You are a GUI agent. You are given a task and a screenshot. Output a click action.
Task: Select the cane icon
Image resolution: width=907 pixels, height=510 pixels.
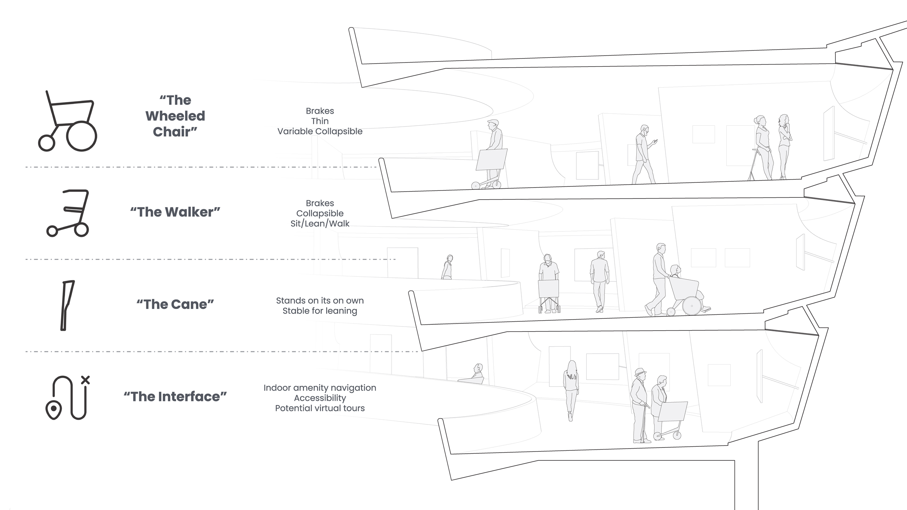click(x=67, y=306)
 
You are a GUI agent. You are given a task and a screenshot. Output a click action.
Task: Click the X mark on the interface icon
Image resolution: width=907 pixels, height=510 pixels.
click(x=85, y=380)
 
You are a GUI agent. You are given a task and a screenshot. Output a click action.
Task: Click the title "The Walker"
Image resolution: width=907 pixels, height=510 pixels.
click(x=175, y=212)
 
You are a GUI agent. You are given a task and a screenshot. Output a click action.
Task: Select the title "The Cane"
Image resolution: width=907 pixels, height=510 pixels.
click(x=175, y=304)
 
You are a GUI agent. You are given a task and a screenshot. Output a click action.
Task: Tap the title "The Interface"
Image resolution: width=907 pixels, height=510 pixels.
click(x=175, y=397)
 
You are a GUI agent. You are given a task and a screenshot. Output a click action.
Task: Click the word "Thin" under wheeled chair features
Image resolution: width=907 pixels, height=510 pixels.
click(x=320, y=121)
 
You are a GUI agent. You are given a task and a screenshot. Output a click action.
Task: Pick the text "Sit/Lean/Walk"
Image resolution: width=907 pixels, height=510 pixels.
click(x=320, y=224)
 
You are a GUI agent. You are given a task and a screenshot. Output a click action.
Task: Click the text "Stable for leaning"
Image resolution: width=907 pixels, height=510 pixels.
click(x=320, y=311)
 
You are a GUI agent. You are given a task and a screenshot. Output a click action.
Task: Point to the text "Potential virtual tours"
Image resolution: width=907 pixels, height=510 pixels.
click(x=320, y=408)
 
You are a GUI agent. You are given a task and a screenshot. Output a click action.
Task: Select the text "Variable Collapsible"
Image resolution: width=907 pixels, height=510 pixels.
click(x=320, y=131)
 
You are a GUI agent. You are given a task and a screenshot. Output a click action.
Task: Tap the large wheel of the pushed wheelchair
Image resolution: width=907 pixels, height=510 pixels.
click(x=692, y=306)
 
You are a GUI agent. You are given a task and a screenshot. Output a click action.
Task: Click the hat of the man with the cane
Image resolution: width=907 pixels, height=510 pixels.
click(x=640, y=372)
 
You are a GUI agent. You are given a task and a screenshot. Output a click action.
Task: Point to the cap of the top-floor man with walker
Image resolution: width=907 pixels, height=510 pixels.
click(x=493, y=122)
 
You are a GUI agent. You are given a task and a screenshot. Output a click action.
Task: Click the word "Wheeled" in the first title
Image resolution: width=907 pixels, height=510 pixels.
click(x=175, y=116)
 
